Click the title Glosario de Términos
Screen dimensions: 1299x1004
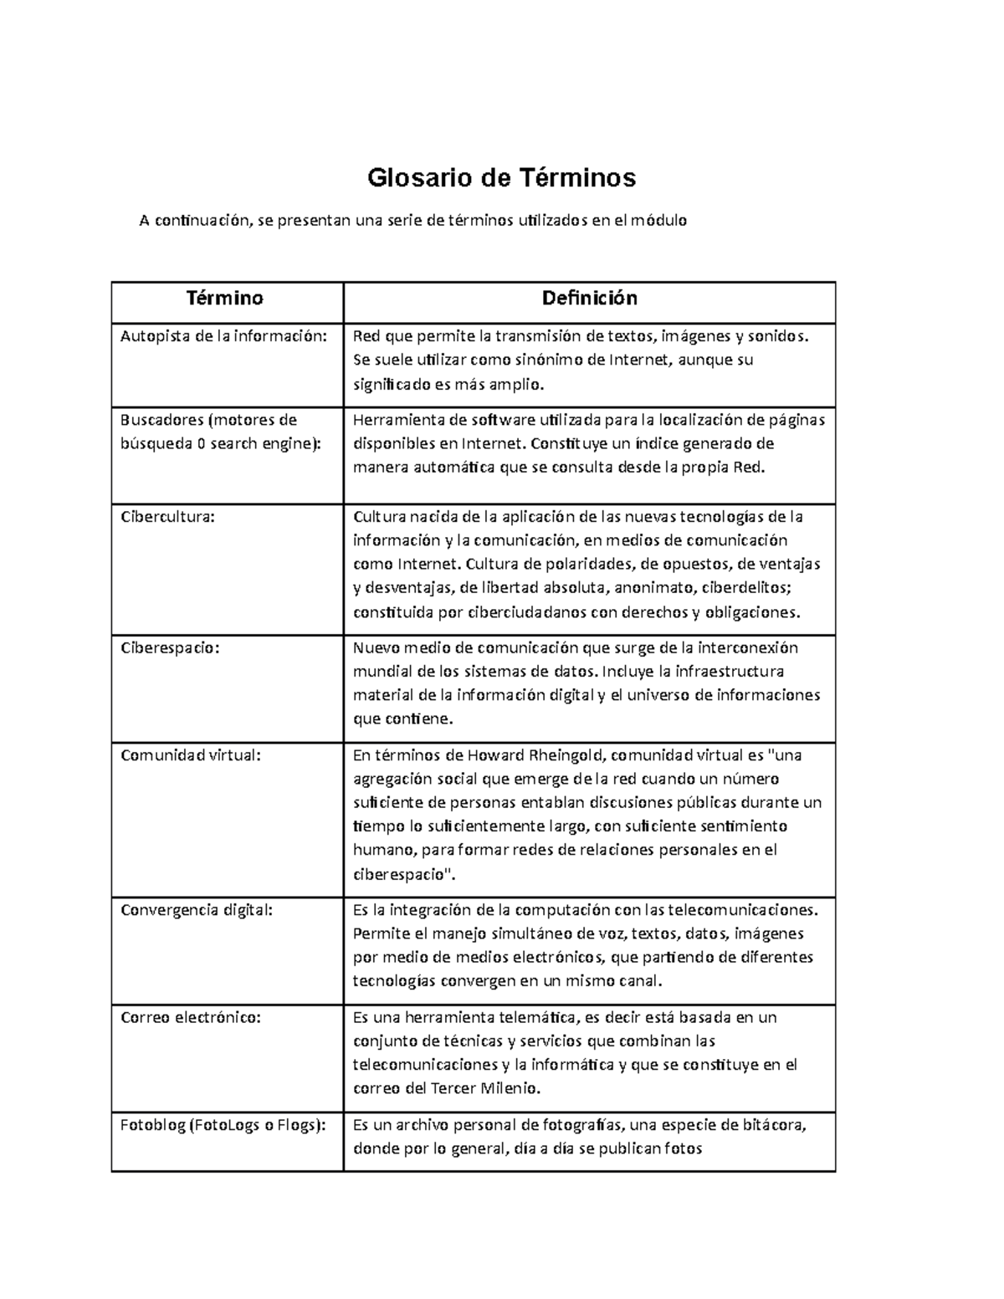click(502, 177)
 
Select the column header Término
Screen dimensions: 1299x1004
click(225, 298)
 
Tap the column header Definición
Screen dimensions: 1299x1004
click(589, 298)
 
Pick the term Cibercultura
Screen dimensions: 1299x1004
click(167, 517)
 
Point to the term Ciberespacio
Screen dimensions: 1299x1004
click(170, 647)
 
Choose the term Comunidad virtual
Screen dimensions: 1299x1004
click(191, 755)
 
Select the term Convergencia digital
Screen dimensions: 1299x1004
click(197, 910)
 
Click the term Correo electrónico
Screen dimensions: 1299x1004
click(191, 1018)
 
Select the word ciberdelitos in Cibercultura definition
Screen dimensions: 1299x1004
click(749, 588)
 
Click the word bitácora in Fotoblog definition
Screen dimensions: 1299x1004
click(774, 1125)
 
